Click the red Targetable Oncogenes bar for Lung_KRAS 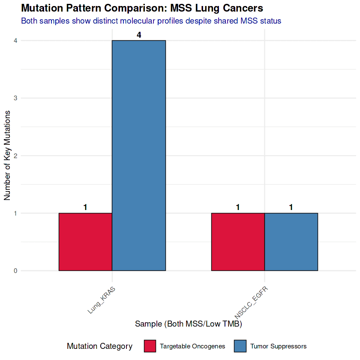(x=85, y=242)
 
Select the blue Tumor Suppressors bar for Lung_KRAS (x=139, y=156)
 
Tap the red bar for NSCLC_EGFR (x=238, y=242)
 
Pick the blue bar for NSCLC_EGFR (x=291, y=242)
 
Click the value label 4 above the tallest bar (x=139, y=35)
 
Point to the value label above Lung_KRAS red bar (x=85, y=207)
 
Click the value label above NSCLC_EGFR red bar (x=238, y=207)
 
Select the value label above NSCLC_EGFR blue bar (x=291, y=207)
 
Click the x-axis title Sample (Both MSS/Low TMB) (x=189, y=324)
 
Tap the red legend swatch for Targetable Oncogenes (x=150, y=346)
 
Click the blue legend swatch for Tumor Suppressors (x=240, y=346)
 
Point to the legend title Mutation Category (x=99, y=346)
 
